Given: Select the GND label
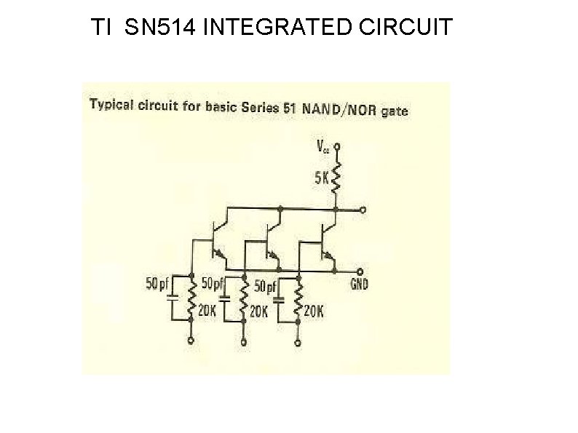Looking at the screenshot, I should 360,284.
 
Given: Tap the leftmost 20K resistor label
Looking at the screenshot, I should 207,311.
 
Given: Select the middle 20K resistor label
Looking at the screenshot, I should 259,311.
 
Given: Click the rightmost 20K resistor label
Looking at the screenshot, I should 314,311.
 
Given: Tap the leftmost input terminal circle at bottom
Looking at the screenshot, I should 191,340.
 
